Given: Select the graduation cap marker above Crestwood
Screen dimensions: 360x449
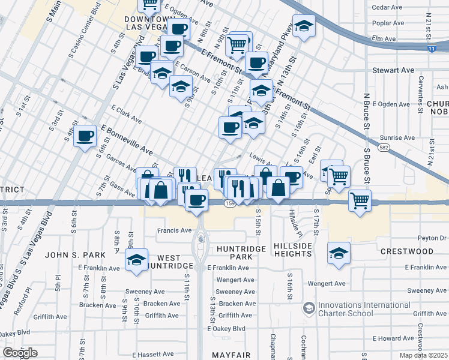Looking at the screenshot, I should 339,254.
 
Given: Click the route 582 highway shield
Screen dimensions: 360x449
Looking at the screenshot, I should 382,146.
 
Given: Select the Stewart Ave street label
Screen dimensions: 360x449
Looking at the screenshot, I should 394,70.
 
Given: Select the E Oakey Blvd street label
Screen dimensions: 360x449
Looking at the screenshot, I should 226,329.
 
